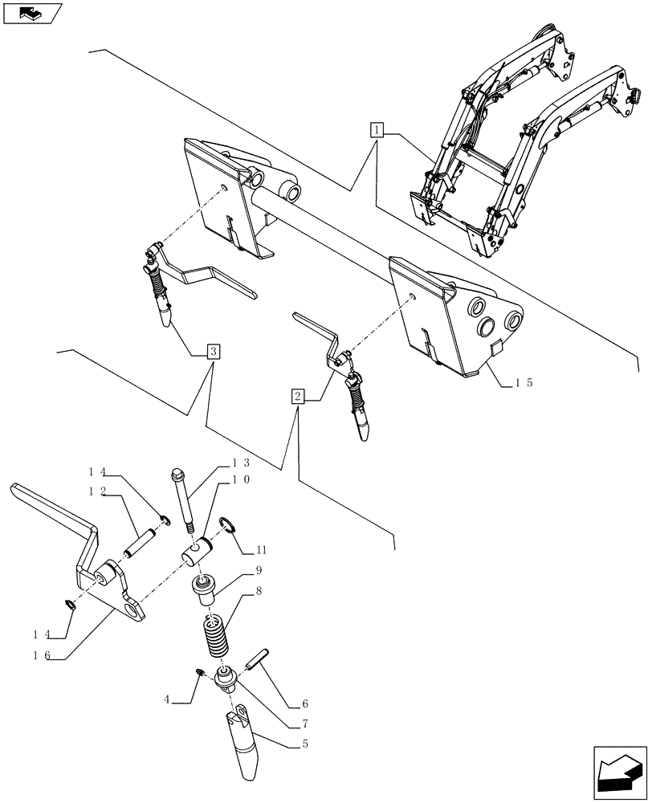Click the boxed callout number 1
click(x=377, y=128)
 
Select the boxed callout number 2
click(x=298, y=396)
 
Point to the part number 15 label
click(x=523, y=384)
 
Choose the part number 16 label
click(x=42, y=655)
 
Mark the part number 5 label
click(x=305, y=744)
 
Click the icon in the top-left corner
click(x=32, y=14)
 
